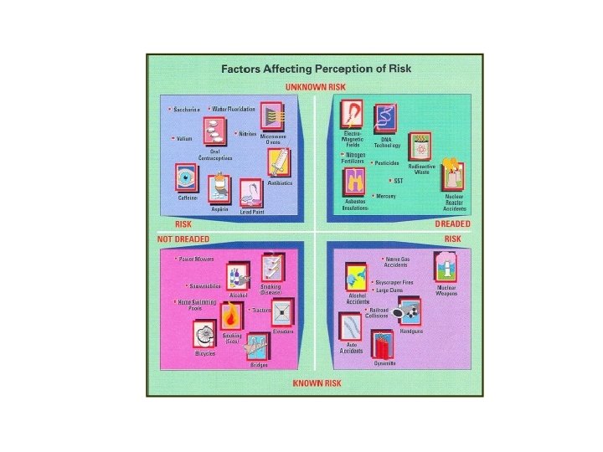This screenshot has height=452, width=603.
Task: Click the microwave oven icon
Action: (272, 116)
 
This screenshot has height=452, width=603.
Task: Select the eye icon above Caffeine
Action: (186, 177)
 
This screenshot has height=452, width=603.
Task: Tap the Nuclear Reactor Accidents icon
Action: (453, 175)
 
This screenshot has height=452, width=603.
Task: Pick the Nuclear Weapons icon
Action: (446, 267)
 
